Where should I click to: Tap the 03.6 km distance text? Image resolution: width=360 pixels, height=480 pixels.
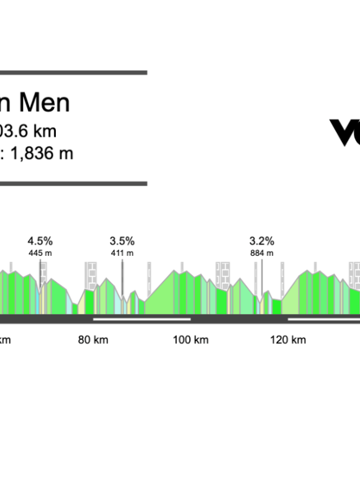pos(29,131)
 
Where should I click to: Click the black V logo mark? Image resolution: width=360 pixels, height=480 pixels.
pos(344,132)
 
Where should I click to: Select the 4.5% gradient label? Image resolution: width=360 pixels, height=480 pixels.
pos(40,241)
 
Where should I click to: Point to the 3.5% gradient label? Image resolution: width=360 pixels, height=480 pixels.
pos(122,241)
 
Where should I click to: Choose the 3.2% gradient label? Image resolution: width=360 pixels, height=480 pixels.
pos(262,241)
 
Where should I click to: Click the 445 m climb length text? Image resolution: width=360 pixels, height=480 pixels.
pos(40,253)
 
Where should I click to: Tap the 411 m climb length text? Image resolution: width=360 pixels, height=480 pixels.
pos(122,253)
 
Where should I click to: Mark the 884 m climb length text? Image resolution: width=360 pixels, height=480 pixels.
pos(262,253)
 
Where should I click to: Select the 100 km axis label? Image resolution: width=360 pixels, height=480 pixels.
pos(191,340)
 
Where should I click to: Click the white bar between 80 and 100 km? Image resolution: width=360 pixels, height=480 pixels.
pos(142,319)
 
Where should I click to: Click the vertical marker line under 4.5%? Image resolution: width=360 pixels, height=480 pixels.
pos(40,273)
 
